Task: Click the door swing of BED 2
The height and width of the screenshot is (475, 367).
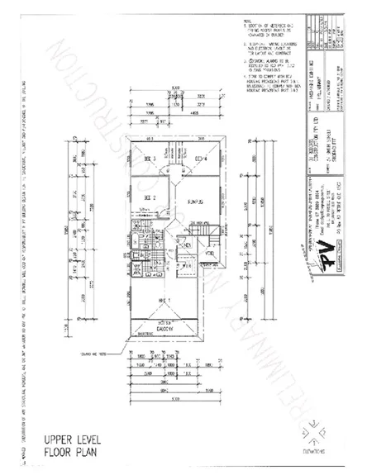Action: [x=162, y=213]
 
